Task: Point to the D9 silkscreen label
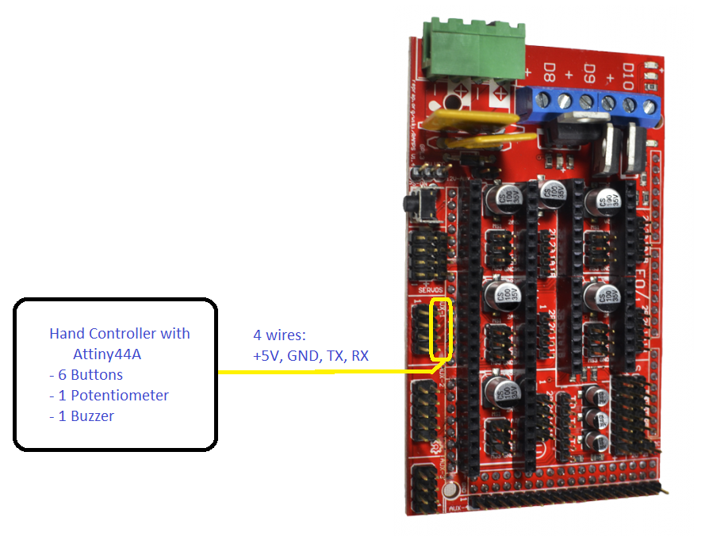pos(589,75)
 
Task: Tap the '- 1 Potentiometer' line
pos(109,395)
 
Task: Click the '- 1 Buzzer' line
pos(81,415)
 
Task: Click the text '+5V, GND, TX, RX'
pos(311,356)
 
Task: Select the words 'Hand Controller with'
pos(120,333)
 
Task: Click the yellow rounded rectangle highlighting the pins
pos(440,327)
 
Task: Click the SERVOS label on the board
pos(429,290)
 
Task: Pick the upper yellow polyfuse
pos(469,120)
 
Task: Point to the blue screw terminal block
pos(595,102)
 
